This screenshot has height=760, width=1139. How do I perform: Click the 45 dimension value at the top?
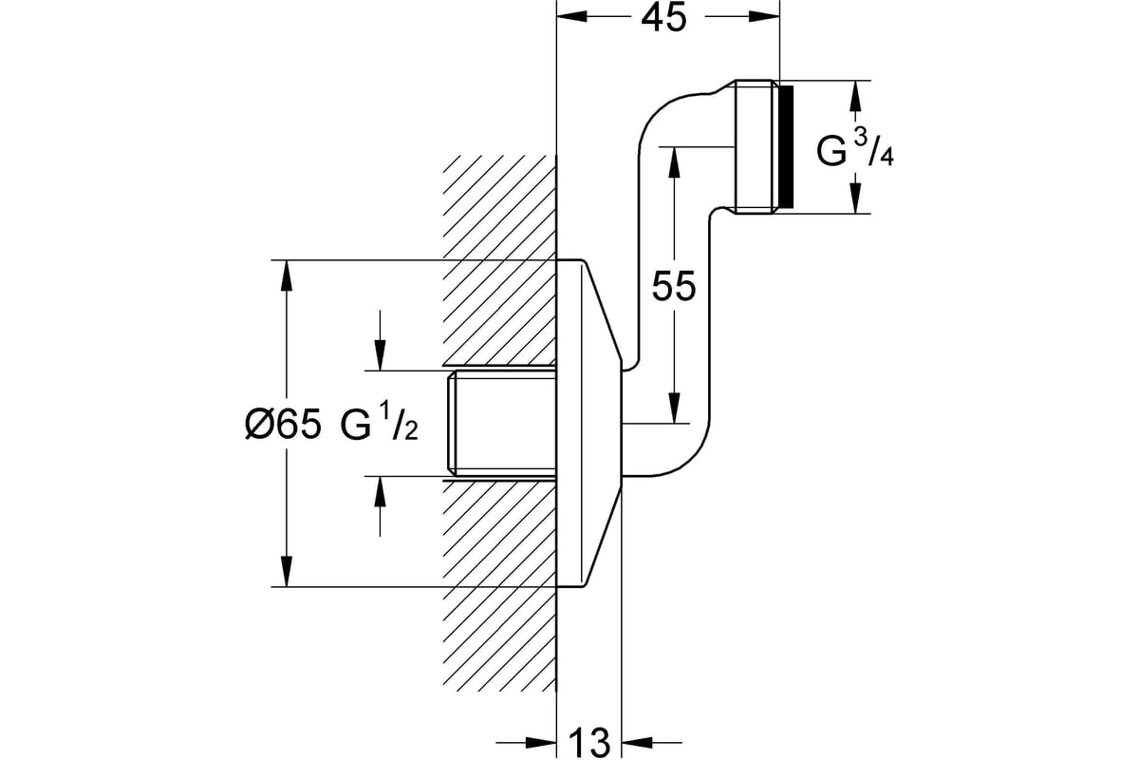(x=663, y=19)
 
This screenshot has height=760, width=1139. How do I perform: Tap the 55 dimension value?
(x=674, y=286)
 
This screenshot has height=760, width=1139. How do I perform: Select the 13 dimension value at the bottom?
(x=589, y=743)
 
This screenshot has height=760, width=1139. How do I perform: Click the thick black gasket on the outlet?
(x=786, y=146)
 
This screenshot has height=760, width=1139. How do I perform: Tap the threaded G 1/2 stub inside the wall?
(x=502, y=424)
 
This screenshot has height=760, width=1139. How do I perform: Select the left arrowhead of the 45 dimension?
(x=572, y=17)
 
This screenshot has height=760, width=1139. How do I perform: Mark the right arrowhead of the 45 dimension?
(x=764, y=17)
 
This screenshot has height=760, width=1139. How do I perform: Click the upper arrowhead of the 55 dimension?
(x=674, y=162)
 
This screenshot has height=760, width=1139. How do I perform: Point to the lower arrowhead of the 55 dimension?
(x=674, y=408)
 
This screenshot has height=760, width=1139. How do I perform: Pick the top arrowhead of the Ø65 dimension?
(x=287, y=275)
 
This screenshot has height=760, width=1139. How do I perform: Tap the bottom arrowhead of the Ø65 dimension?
(x=287, y=572)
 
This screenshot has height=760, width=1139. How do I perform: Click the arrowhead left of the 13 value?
(x=542, y=743)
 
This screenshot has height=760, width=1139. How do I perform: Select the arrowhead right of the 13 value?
(x=637, y=743)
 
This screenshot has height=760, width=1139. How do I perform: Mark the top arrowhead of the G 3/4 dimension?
(x=856, y=96)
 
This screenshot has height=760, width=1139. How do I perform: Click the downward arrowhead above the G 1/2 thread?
(x=380, y=355)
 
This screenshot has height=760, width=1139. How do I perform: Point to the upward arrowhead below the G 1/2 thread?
(x=380, y=492)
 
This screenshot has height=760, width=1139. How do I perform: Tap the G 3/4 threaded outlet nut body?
(x=756, y=146)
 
